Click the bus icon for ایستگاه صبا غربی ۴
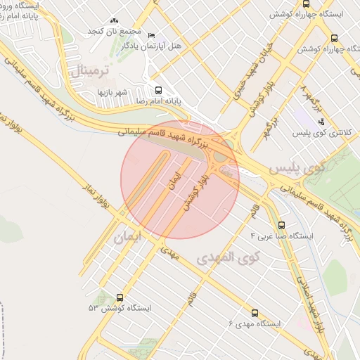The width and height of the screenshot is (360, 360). (x=282, y=226)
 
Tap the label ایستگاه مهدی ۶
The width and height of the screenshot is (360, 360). (x=255, y=323)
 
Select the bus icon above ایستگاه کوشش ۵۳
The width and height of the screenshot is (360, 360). (x=120, y=298)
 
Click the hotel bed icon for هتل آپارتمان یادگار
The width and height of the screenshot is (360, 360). (x=152, y=35)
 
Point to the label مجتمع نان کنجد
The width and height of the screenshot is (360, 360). (x=115, y=32)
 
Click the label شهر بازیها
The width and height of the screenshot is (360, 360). (x=111, y=92)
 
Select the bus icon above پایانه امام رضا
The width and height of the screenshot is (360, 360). (x=158, y=91)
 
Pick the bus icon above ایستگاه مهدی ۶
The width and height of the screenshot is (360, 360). (x=255, y=313)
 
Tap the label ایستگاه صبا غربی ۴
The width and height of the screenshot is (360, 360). (x=286, y=237)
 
